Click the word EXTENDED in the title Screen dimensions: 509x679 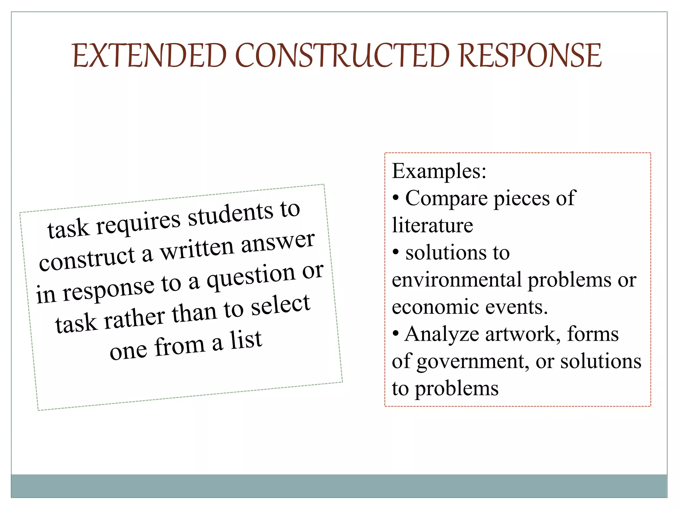pyautogui.click(x=150, y=55)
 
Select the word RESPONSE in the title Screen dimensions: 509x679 pyautogui.click(x=530, y=55)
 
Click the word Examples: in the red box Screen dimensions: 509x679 pyautogui.click(x=439, y=171)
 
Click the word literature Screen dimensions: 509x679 pyautogui.click(x=432, y=226)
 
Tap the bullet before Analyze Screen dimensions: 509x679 pyautogui.click(x=396, y=334)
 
